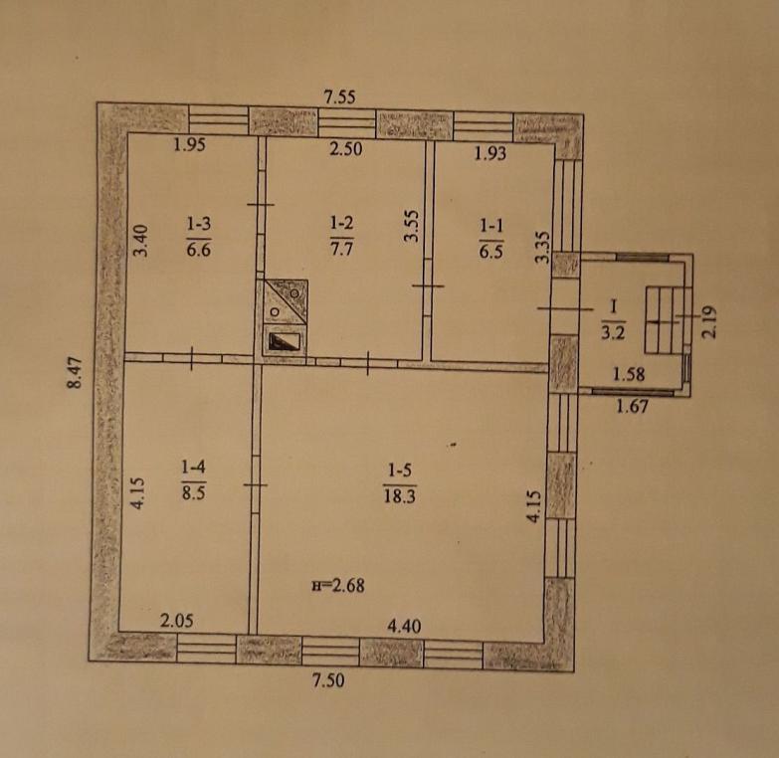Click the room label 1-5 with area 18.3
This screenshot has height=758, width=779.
pos(400,483)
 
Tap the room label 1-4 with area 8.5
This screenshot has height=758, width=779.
pos(193,480)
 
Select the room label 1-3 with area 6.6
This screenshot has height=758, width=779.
pos(199,237)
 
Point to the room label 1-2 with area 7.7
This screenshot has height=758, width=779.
pos(342,236)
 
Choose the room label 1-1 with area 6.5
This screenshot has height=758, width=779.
pos(490,239)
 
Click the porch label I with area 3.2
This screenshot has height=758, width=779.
pos(613,320)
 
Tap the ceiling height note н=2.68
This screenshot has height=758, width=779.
pos(338,586)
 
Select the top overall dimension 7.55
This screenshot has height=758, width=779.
pos(340,96)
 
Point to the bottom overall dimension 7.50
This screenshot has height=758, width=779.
pos(328,679)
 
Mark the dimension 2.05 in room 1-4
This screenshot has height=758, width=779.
pos(177,621)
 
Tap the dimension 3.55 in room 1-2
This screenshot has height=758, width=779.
pos(412,227)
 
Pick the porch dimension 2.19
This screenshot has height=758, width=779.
pos(710,322)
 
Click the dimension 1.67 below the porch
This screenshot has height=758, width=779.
pos(632,407)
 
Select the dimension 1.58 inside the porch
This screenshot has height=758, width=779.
pos(629,374)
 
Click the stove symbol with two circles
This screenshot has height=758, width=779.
pos(286,301)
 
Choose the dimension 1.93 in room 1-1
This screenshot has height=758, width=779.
pos(490,153)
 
